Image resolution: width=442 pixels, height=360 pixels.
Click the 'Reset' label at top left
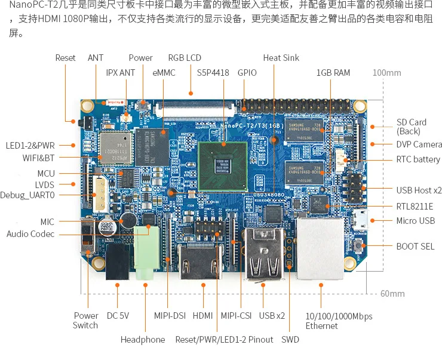66,58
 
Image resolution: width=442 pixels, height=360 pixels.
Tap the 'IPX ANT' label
121,73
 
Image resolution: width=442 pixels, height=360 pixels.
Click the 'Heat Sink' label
281,58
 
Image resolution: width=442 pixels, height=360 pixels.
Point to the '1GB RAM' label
333,73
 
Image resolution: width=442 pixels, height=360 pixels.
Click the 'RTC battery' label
418,159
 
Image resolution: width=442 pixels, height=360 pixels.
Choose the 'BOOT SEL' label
415,246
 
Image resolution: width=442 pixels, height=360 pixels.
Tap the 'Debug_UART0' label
27,195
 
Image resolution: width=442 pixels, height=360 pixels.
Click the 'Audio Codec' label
30,234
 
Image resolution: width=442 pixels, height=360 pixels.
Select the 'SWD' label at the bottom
290,340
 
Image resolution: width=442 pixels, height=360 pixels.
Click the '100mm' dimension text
386,73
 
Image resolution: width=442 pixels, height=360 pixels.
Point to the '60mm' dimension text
392,294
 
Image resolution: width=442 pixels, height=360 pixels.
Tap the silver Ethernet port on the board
321,250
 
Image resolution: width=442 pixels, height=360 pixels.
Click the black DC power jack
118,263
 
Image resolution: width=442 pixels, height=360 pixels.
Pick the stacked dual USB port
263,253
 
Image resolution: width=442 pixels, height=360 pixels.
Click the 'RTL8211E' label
415,207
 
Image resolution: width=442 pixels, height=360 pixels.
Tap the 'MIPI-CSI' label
236,316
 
